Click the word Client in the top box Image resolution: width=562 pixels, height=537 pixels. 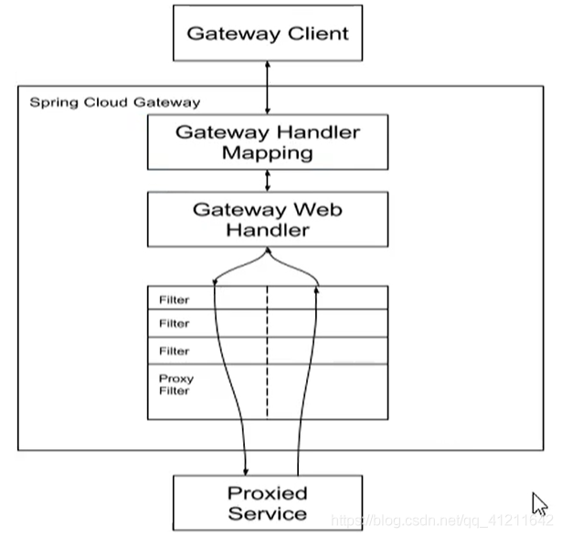pyautogui.click(x=312, y=34)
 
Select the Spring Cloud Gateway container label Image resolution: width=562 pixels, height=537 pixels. pyautogui.click(x=114, y=102)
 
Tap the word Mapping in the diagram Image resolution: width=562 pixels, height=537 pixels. pyautogui.click(x=267, y=153)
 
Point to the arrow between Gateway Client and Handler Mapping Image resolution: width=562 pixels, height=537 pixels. pyautogui.click(x=267, y=90)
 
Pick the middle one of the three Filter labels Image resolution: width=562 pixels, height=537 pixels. pyautogui.click(x=175, y=323)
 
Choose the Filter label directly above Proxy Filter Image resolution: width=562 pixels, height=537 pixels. pyautogui.click(x=175, y=351)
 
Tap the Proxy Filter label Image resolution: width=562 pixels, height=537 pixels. pyautogui.click(x=175, y=384)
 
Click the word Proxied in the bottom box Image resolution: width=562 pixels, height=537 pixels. pyautogui.click(x=267, y=493)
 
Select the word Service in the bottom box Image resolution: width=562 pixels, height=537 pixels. pyautogui.click(x=267, y=513)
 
